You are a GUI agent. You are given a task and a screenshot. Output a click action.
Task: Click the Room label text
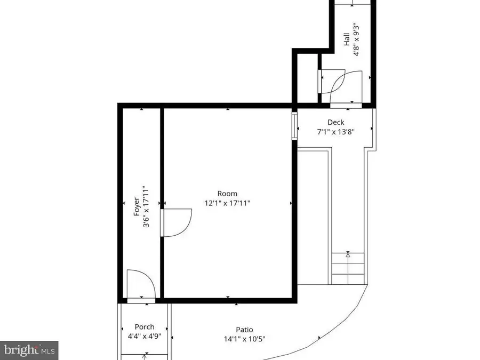point(227,194)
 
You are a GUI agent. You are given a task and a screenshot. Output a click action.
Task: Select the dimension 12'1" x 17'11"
point(227,203)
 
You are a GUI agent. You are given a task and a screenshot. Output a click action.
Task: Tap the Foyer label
point(136,207)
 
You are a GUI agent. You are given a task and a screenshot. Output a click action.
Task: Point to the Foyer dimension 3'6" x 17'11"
point(145,207)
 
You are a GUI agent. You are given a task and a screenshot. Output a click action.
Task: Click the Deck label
point(335,122)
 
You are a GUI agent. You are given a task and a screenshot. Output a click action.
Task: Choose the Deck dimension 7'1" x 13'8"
point(335,131)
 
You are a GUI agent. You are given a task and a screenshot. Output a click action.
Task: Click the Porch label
point(144,327)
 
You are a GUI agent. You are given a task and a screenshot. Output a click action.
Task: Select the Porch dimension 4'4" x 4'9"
point(144,336)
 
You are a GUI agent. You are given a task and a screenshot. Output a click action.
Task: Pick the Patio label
point(245,330)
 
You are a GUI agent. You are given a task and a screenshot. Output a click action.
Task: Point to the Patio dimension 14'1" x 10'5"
point(245,339)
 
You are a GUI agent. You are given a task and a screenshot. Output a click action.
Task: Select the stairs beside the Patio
point(348,269)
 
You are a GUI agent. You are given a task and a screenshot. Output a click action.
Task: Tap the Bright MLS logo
point(29,350)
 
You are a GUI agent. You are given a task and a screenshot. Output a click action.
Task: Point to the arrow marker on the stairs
point(348,255)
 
